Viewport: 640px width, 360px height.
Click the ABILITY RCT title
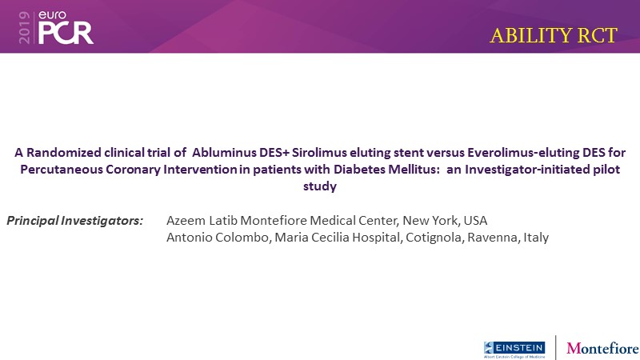pos(554,35)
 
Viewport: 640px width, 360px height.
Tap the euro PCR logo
pos(66,27)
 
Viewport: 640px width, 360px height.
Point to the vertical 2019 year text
pos(24,27)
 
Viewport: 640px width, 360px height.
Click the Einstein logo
pos(514,350)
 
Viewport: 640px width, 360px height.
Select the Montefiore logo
pos(602,348)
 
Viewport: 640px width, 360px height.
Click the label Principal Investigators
pos(74,221)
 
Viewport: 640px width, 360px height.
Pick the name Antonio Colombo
pos(218,237)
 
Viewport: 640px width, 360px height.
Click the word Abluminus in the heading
pos(224,153)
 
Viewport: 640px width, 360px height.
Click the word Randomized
pos(64,153)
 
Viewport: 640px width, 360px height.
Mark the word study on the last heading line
pos(320,186)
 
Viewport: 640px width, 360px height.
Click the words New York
pos(430,221)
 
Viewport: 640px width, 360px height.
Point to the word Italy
pos(536,238)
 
